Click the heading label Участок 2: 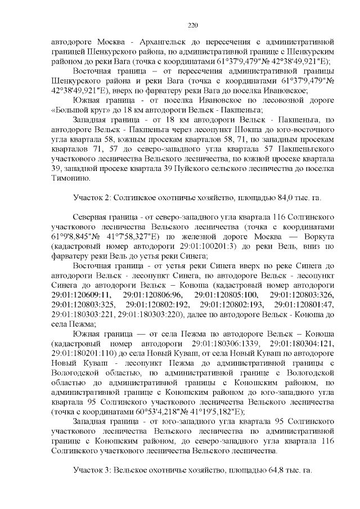coord(92,197)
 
